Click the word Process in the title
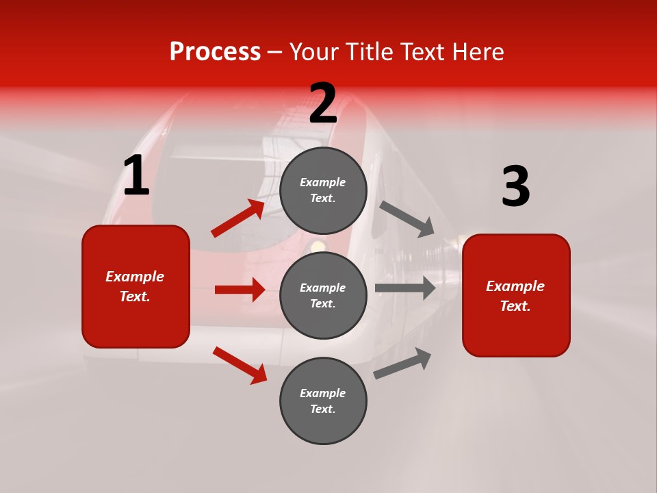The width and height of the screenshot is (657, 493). click(215, 52)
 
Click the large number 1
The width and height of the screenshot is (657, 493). click(136, 176)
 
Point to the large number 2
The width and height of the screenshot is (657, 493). click(323, 103)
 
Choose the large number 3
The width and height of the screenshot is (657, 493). click(515, 187)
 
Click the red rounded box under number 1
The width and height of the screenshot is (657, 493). click(136, 286)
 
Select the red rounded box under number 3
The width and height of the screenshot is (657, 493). click(516, 296)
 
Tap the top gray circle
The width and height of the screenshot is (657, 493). click(323, 190)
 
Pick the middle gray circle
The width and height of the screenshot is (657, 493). click(323, 295)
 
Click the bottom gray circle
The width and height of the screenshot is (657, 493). click(323, 401)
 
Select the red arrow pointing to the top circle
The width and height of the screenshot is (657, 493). click(237, 218)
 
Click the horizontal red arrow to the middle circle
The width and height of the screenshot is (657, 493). click(240, 290)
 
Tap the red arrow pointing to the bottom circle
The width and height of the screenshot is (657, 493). click(240, 365)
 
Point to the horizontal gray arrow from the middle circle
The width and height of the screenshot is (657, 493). click(405, 288)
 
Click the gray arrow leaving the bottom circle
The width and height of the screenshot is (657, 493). click(402, 364)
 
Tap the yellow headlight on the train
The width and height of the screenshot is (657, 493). click(317, 245)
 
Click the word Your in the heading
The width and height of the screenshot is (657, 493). click(313, 52)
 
